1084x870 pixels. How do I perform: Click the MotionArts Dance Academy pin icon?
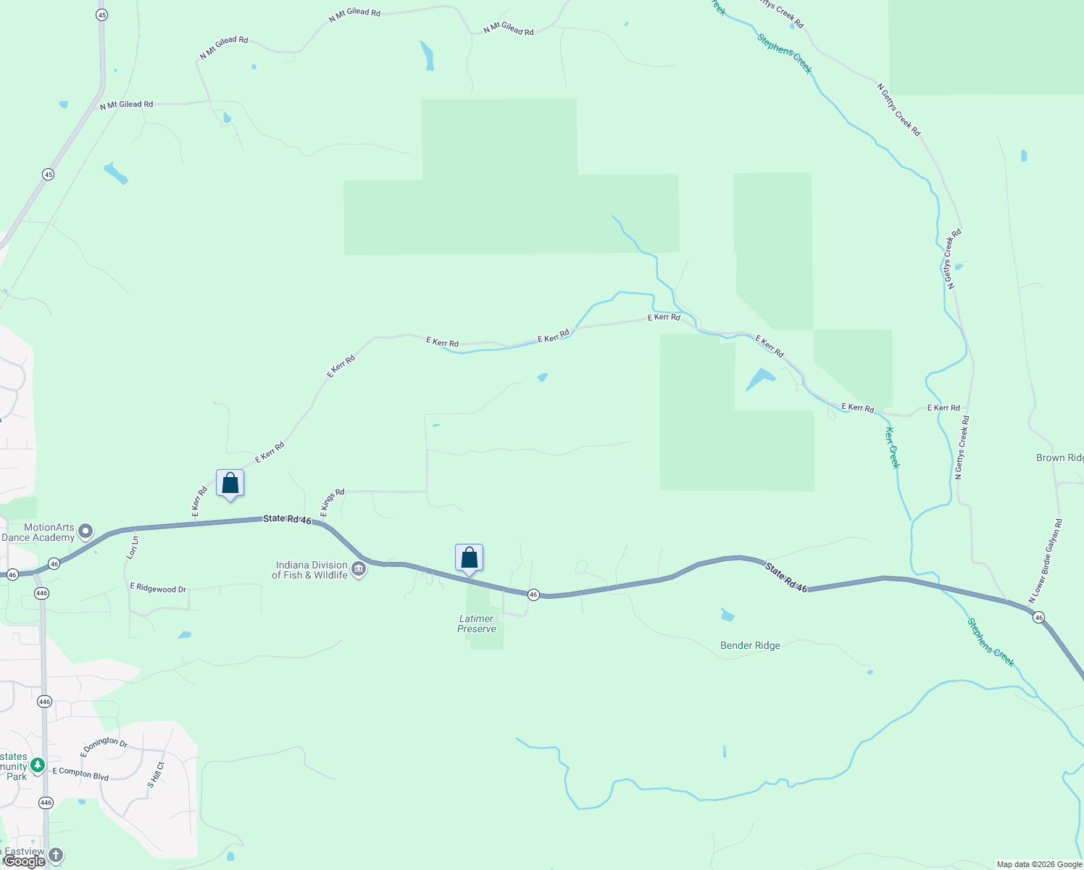point(86,532)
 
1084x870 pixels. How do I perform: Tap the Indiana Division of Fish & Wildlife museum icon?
point(359,571)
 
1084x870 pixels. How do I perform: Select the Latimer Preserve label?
point(477,623)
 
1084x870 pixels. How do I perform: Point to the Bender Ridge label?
point(750,645)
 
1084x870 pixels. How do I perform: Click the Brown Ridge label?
point(1059,457)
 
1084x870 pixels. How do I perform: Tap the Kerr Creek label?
point(893,447)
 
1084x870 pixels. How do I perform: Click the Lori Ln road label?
point(133,547)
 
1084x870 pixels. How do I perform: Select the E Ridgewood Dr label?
point(158,588)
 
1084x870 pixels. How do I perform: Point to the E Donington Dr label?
point(104,746)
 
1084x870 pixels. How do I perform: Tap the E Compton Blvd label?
point(80,774)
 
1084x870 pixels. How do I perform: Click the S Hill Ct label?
point(156,775)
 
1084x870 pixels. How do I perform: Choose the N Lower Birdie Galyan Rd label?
point(1045,561)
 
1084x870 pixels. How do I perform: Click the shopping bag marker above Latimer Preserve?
point(470,558)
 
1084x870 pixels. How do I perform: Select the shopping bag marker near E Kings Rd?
point(230,484)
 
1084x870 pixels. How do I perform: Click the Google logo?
point(25,861)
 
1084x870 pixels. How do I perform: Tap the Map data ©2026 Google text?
point(1038,864)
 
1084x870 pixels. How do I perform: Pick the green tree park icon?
point(37,766)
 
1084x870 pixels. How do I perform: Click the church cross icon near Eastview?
point(56,855)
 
